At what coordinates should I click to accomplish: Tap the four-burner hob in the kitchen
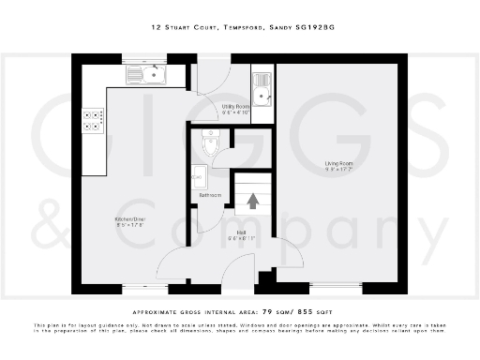[94, 120]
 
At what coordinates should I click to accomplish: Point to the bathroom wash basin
[197, 174]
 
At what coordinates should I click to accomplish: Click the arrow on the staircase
[251, 199]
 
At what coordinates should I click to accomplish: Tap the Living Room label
[338, 165]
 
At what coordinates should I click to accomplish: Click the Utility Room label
[234, 107]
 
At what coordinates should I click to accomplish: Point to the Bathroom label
[209, 195]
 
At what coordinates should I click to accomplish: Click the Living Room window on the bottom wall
[335, 284]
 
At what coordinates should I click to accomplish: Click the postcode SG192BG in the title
[315, 29]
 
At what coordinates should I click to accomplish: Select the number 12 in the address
[156, 29]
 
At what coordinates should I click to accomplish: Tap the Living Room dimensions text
[338, 172]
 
